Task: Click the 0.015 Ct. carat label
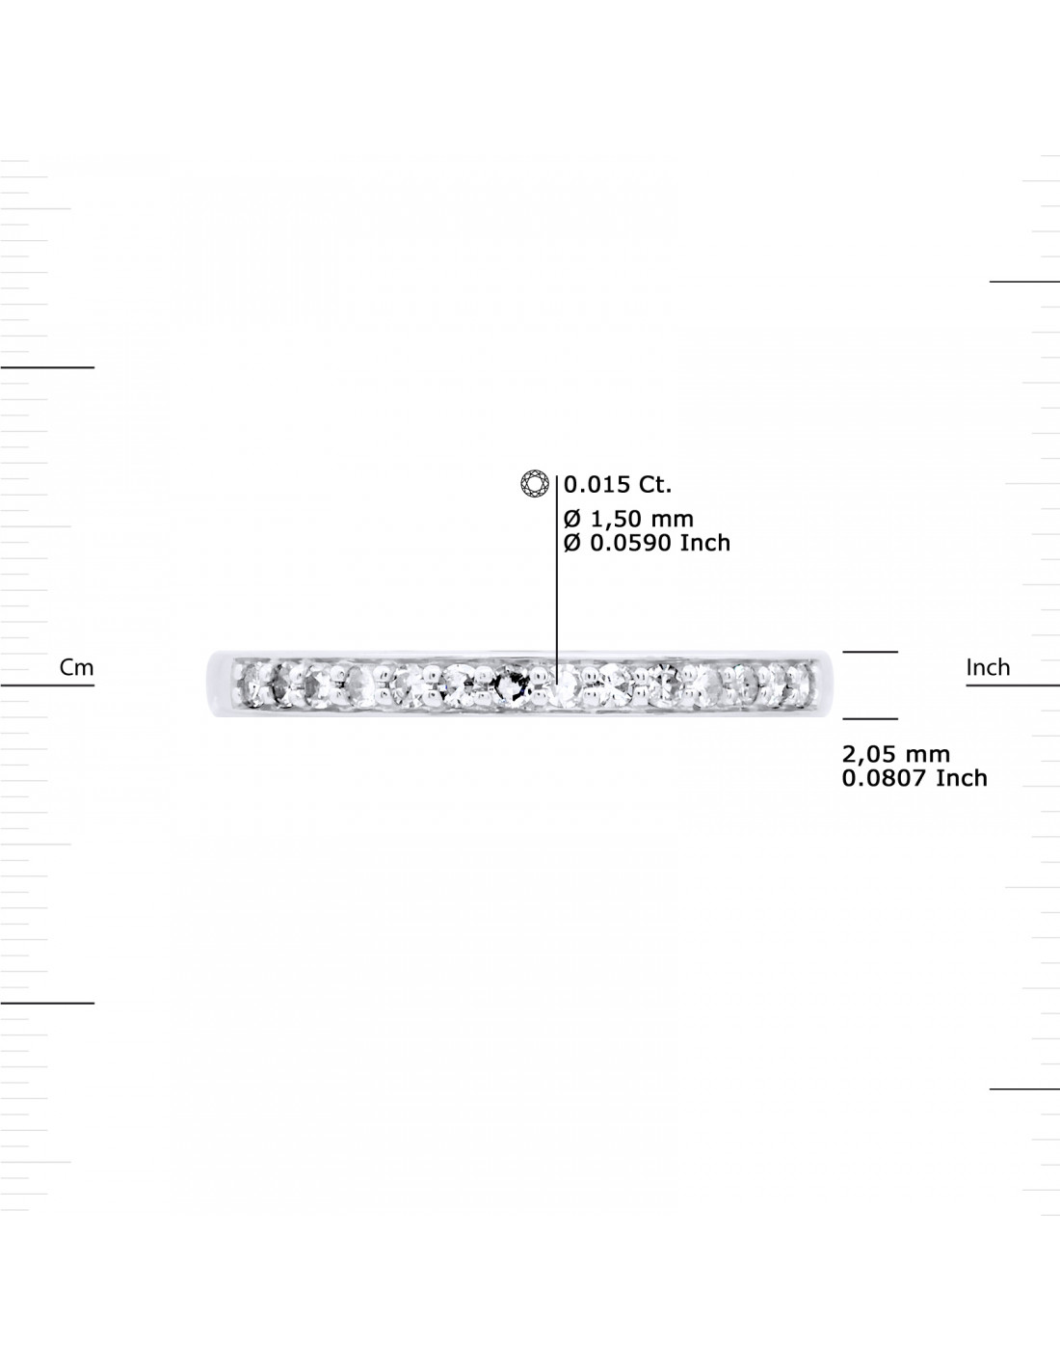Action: (618, 484)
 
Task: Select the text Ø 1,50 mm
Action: (628, 519)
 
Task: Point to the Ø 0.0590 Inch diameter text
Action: (647, 543)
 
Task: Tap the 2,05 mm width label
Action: (895, 754)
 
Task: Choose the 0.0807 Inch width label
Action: (914, 778)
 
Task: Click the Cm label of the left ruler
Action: (76, 667)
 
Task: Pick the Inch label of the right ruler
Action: (988, 667)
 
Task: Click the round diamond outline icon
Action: (535, 484)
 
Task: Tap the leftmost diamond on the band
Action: (251, 685)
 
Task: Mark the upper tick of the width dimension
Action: (870, 652)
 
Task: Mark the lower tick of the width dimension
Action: (870, 718)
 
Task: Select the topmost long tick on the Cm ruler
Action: (47, 367)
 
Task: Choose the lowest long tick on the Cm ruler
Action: (47, 1003)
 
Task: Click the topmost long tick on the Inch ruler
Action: (1024, 282)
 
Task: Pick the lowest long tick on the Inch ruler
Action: (1024, 1089)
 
